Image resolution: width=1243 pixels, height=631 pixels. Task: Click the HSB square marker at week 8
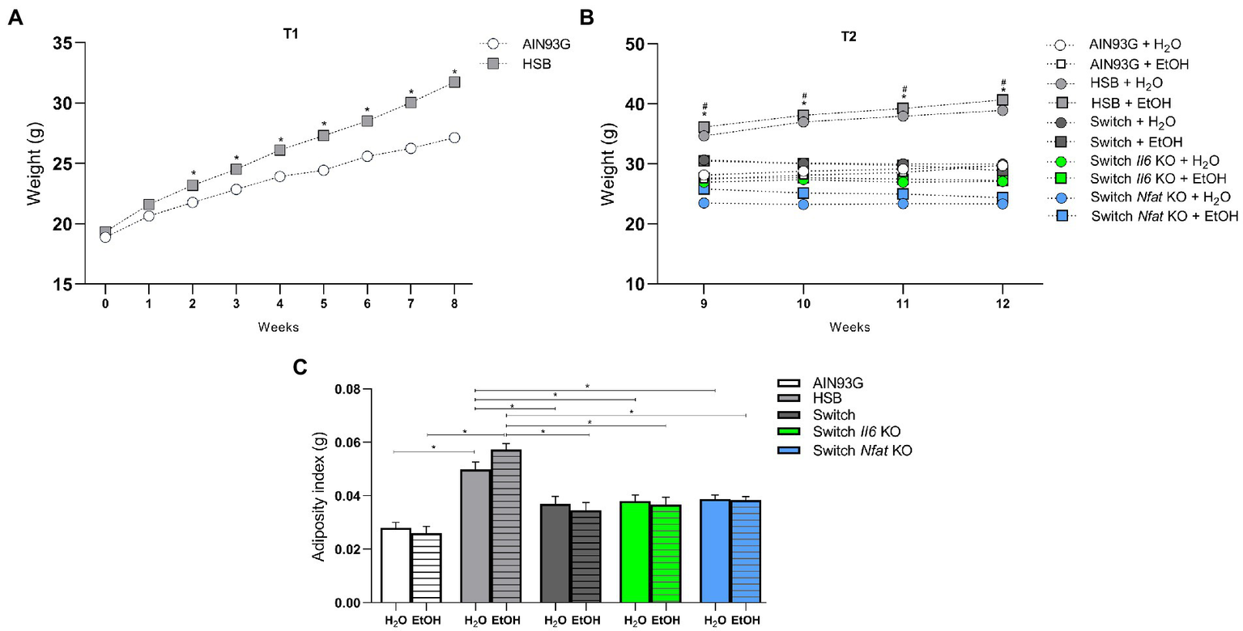(454, 82)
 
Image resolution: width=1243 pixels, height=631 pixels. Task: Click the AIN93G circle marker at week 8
(454, 138)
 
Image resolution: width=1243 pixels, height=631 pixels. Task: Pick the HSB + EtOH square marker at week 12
(1003, 101)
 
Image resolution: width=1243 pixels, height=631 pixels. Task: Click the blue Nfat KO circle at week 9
(704, 203)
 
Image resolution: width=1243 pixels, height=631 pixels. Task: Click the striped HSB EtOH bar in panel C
(506, 526)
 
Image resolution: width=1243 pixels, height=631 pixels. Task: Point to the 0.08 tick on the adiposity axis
(348, 389)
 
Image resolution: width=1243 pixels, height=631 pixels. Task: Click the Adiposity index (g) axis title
(318, 495)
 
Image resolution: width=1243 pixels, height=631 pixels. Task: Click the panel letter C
(300, 366)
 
